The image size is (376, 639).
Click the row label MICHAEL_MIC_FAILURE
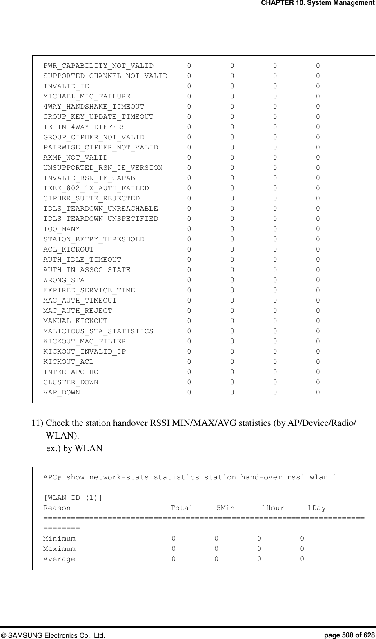[87, 96]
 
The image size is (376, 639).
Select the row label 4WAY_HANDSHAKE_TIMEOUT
[93, 107]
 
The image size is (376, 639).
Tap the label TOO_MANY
[62, 229]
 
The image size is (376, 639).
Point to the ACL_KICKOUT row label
[69, 249]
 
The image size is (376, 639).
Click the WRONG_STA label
[64, 280]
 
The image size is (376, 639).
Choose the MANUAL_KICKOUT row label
[76, 321]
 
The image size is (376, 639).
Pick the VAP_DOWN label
[62, 392]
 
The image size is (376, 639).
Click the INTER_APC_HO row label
[71, 372]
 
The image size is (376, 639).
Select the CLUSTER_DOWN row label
[71, 382]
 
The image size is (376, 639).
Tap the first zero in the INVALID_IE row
[189, 86]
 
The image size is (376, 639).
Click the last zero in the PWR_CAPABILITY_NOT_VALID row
[318, 65]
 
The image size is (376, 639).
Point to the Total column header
[182, 508]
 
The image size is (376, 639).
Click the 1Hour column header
[273, 508]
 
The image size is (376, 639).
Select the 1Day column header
[316, 508]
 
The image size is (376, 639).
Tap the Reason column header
[57, 508]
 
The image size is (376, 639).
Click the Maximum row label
[60, 548]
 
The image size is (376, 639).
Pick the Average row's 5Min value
[217, 559]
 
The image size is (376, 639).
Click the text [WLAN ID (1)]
[73, 497]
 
